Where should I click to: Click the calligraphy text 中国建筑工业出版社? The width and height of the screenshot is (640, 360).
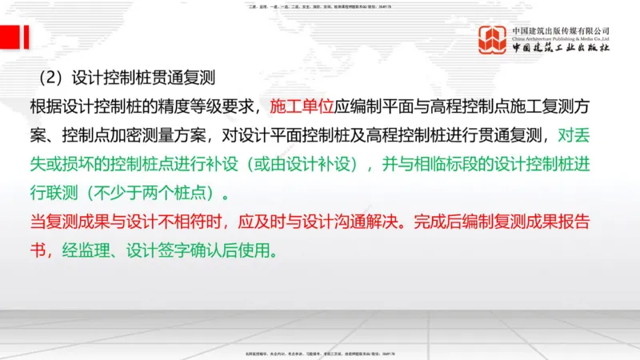coord(561,49)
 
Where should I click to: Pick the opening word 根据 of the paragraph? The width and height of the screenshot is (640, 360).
coord(41,106)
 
